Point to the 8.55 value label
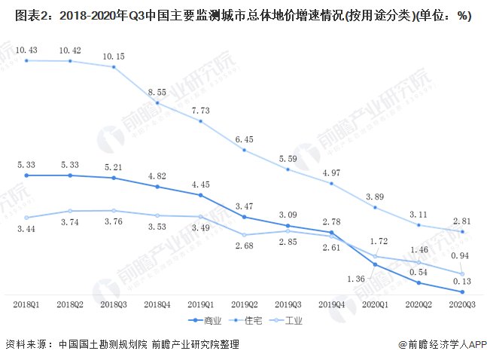tap(157, 92)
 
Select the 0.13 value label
tap(462, 280)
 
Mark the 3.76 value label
tap(114, 222)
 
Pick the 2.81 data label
tap(462, 220)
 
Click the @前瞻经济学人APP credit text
tap(440, 344)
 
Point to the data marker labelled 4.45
tap(201, 195)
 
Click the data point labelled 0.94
tap(462, 273)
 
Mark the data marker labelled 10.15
tap(114, 67)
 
